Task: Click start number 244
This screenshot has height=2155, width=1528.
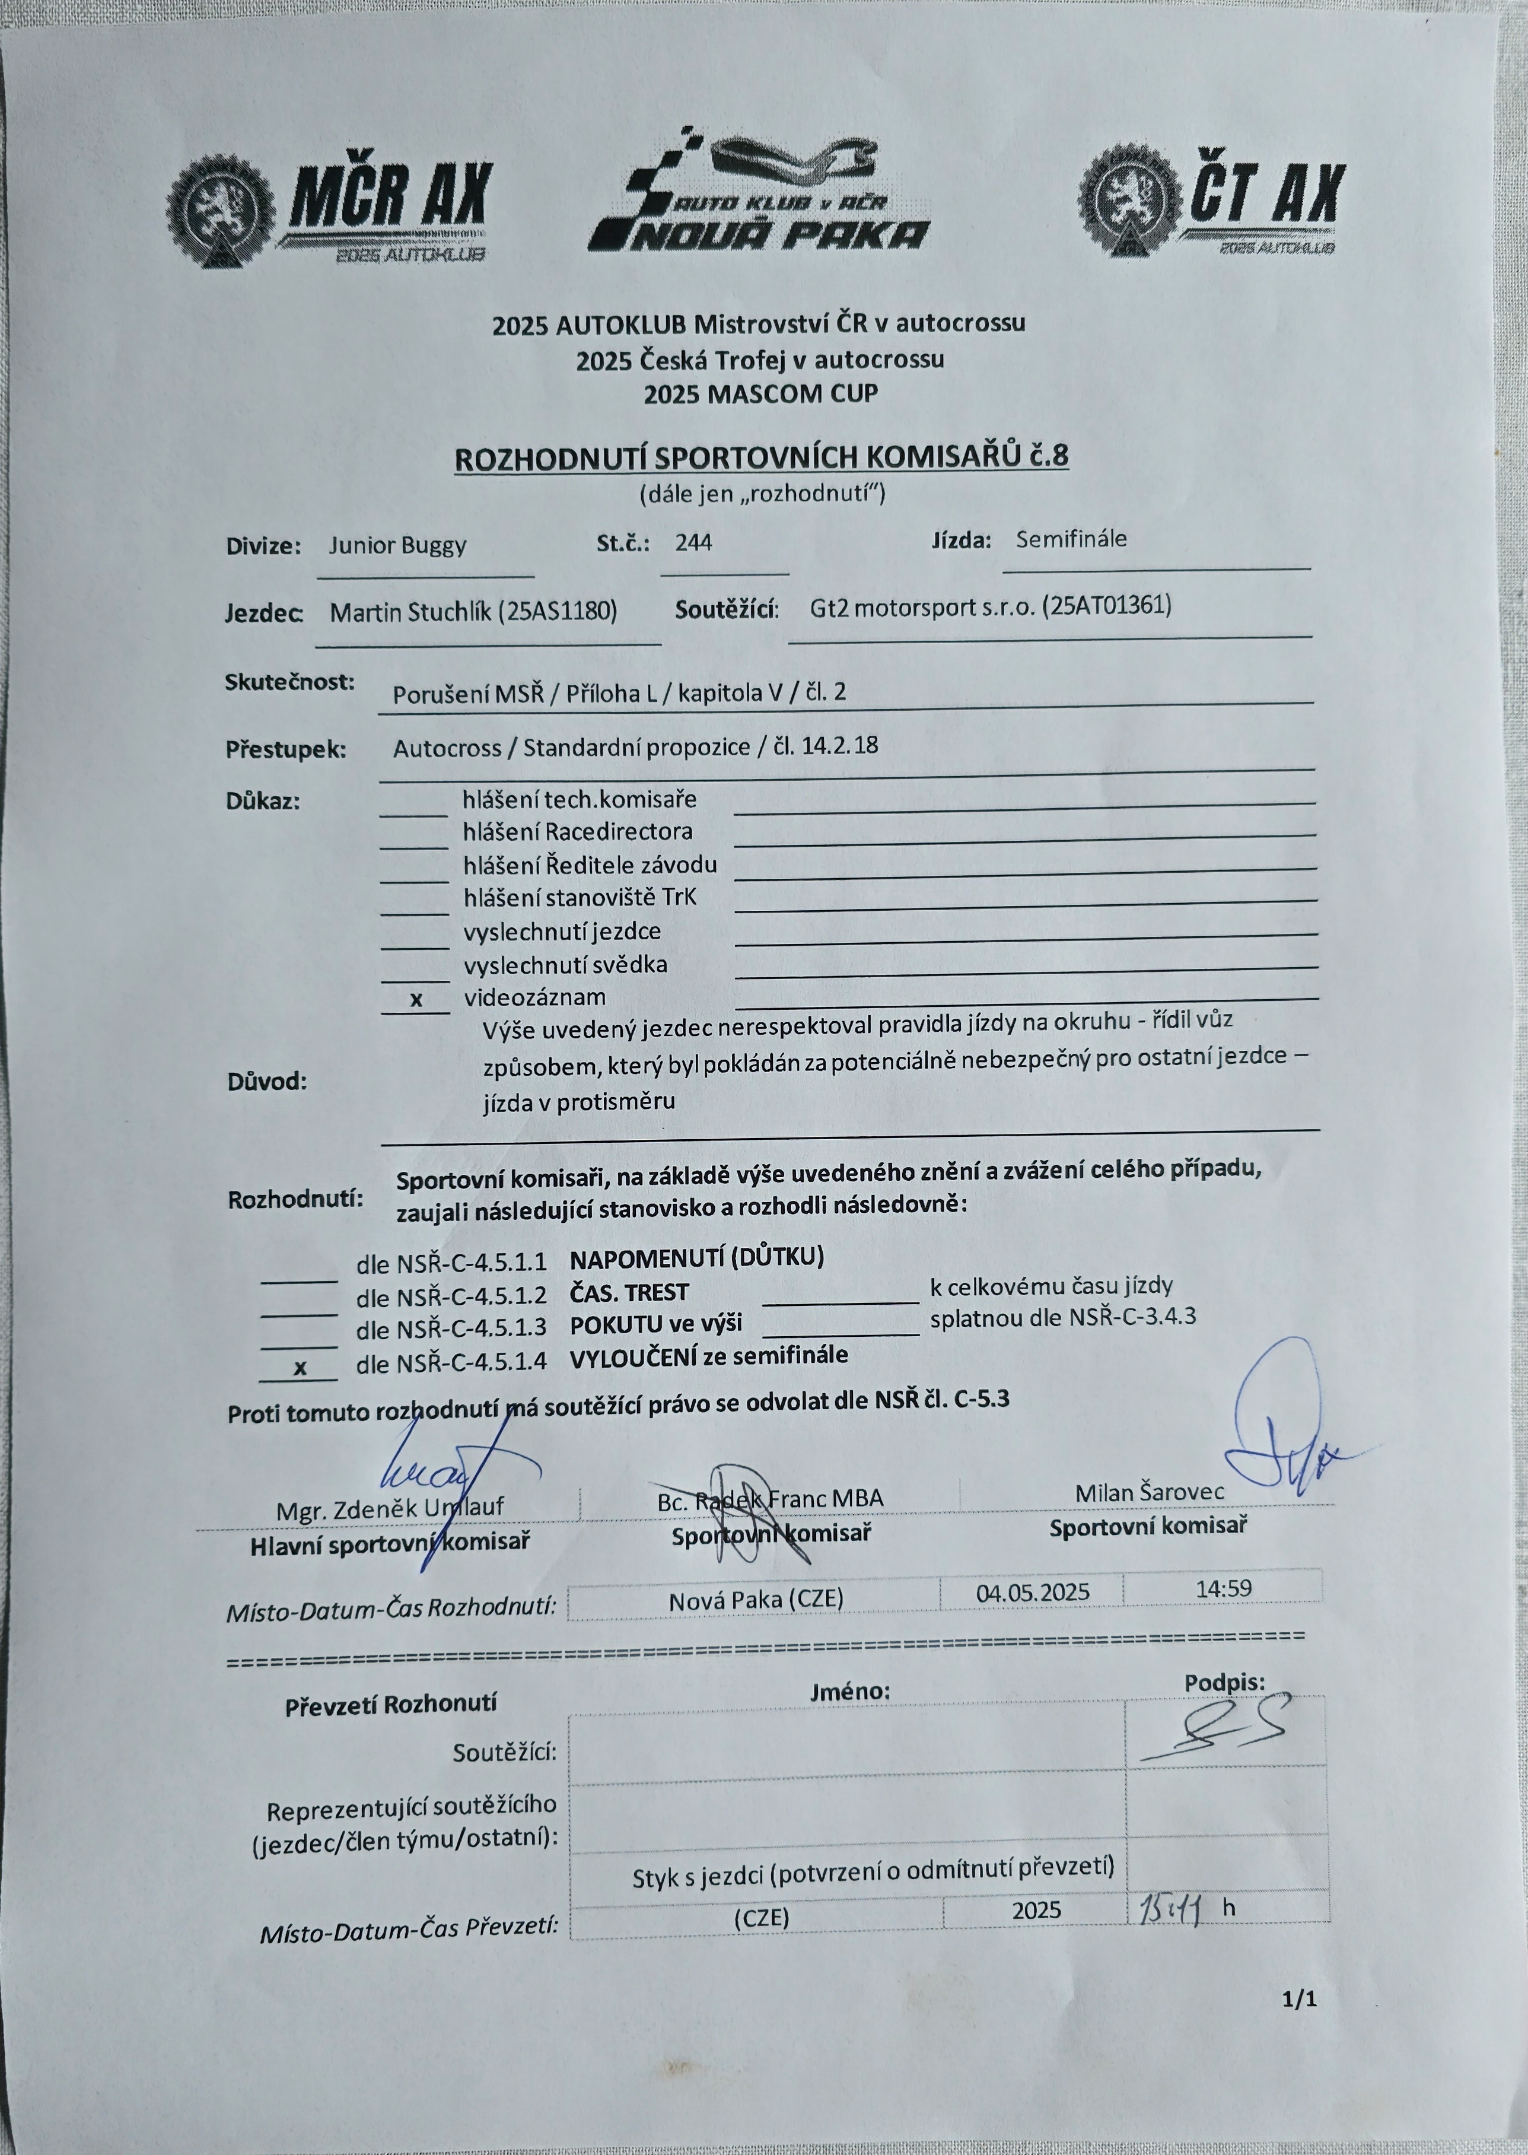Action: pos(693,543)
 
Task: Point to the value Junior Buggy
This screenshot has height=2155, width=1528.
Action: pos(397,546)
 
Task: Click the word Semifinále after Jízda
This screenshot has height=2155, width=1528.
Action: pos(1071,540)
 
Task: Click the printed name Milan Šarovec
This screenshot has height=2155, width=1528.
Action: pos(1150,1492)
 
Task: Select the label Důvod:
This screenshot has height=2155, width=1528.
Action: pos(267,1081)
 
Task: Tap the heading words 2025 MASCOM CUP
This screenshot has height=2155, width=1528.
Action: pos(760,395)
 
